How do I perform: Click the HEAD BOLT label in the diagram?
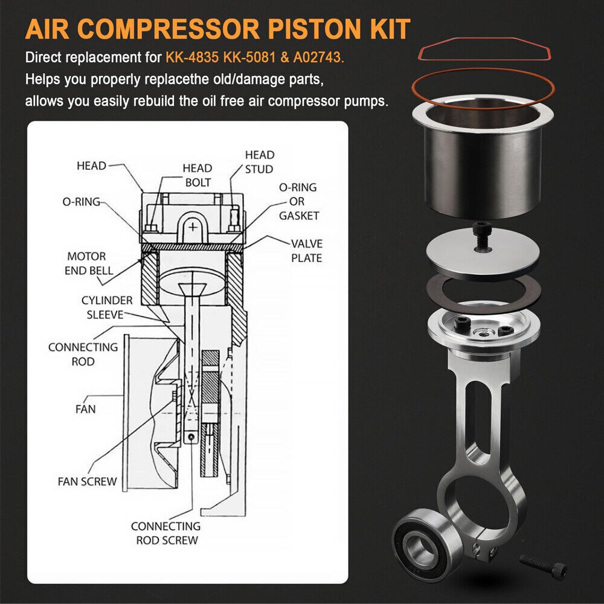pos(198,175)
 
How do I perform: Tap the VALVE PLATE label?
pos(306,250)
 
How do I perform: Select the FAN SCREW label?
pos(87,481)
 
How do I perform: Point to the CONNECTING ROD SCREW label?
pos(165,533)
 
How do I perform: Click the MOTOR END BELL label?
pos(89,264)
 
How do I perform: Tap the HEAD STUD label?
pos(259,162)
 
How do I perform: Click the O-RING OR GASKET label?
pos(298,202)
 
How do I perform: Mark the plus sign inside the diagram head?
pos(192,228)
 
